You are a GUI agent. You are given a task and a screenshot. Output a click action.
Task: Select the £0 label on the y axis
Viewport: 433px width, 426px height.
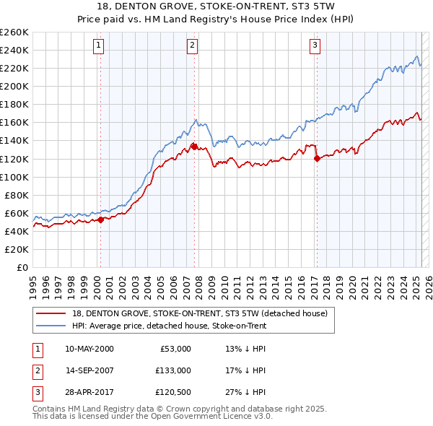pyautogui.click(x=23, y=267)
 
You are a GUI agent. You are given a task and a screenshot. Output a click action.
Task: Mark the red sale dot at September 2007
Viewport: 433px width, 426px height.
pyautogui.click(x=194, y=147)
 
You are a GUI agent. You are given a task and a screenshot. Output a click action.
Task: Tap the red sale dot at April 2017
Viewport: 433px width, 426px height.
pyautogui.click(x=317, y=158)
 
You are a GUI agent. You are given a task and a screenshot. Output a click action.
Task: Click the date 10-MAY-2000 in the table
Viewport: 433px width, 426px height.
pyautogui.click(x=89, y=349)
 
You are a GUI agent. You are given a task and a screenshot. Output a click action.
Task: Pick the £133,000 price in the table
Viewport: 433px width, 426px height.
pyautogui.click(x=173, y=370)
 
